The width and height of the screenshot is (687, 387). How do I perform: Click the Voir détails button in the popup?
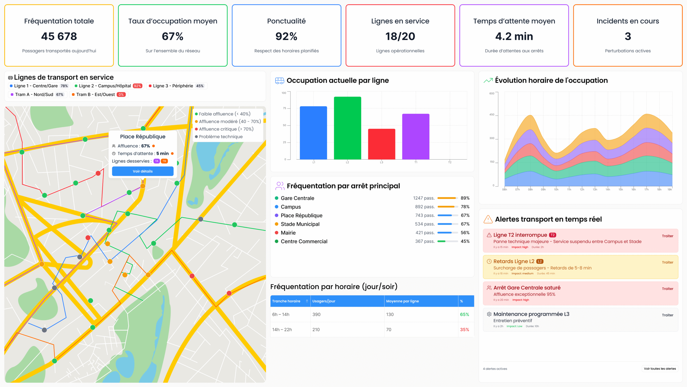pos(142,171)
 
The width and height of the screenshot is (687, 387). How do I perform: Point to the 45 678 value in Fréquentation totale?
pos(59,36)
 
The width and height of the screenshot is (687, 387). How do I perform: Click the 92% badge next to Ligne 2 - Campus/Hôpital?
pos(137,86)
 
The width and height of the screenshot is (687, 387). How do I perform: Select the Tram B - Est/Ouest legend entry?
pos(95,95)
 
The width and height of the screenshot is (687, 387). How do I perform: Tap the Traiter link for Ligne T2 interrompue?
pos(667,236)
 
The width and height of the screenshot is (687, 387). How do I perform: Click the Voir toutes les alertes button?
pos(660,369)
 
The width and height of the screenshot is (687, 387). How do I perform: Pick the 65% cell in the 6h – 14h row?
pos(464,314)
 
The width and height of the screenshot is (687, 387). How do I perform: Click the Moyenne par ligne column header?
pos(402,301)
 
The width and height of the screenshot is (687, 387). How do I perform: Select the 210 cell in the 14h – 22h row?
pos(316,329)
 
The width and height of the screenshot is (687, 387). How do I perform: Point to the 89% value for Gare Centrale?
pos(465,198)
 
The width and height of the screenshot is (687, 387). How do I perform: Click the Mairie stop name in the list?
pos(288,233)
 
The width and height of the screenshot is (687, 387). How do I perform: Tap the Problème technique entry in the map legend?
pos(220,137)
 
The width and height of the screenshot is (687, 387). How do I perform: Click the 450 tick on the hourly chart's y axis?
pos(492,115)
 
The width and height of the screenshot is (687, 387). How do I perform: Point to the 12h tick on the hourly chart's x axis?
pos(582,190)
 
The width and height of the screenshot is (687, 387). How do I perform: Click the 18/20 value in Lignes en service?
pos(400,36)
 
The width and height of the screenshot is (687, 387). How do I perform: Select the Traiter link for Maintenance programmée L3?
pos(667,315)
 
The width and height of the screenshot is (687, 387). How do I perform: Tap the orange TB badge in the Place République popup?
pos(164,161)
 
